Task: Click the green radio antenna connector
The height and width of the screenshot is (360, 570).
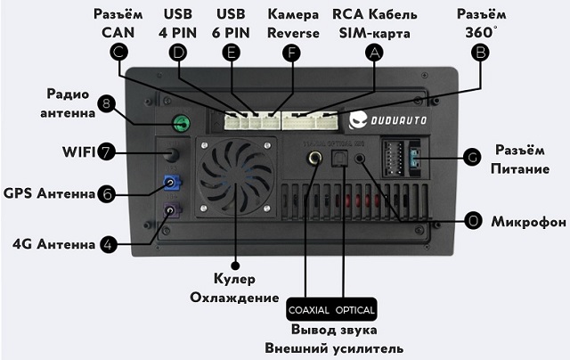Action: pyautogui.click(x=182, y=123)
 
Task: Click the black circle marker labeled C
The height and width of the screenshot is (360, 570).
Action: pyautogui.click(x=118, y=53)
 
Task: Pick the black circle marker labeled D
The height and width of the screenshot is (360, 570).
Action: pyautogui.click(x=178, y=53)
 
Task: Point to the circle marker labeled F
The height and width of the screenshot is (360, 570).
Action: pyautogui.click(x=291, y=53)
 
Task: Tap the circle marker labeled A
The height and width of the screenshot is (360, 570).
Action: pyautogui.click(x=374, y=53)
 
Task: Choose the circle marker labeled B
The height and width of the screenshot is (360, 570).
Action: pyautogui.click(x=480, y=53)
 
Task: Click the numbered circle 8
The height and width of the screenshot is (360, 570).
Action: pyautogui.click(x=106, y=104)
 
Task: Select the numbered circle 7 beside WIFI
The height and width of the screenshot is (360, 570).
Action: pyautogui.click(x=106, y=151)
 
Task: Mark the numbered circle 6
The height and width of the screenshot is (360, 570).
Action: pyautogui.click(x=107, y=194)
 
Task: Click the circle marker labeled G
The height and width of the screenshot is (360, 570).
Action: pyautogui.click(x=472, y=157)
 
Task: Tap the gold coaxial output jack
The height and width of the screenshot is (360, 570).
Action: pyautogui.click(x=314, y=159)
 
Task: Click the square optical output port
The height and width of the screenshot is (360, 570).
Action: pyautogui.click(x=339, y=159)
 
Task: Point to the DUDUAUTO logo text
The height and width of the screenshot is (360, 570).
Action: pyautogui.click(x=398, y=120)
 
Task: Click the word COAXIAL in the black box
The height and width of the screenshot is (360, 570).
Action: pyautogui.click(x=309, y=310)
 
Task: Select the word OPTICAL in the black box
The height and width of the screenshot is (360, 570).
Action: pyautogui.click(x=354, y=310)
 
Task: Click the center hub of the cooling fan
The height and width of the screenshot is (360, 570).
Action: pyautogui.click(x=236, y=177)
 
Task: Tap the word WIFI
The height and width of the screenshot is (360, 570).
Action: pyautogui.click(x=78, y=152)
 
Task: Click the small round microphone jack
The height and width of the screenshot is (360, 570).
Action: pyautogui.click(x=360, y=159)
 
